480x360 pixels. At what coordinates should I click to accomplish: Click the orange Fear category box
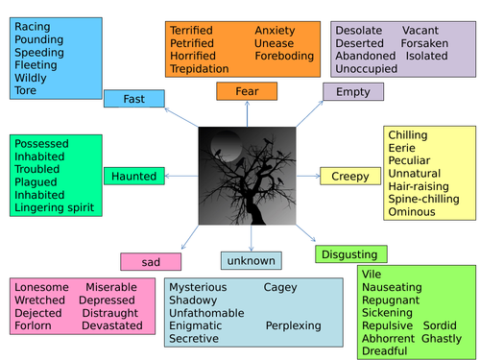click(247, 91)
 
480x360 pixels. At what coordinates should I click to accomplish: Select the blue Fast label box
click(134, 99)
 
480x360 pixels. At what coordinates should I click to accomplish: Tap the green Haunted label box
click(134, 176)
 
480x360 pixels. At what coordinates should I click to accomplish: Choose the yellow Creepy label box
click(350, 176)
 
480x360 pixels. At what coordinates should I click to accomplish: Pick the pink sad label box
click(151, 262)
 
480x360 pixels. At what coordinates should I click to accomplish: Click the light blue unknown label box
click(252, 260)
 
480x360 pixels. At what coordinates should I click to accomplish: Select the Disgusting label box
click(351, 254)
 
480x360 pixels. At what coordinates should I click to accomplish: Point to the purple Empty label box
click(353, 92)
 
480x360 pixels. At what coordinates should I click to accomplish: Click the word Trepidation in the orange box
click(200, 69)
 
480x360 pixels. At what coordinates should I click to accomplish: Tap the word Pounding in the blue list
click(39, 39)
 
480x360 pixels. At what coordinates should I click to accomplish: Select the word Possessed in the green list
click(41, 143)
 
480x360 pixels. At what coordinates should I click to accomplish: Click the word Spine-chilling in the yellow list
click(423, 199)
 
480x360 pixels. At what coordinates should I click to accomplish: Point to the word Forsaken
click(424, 43)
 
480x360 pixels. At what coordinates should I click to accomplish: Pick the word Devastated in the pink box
click(112, 325)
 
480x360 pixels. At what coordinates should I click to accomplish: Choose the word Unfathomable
click(206, 313)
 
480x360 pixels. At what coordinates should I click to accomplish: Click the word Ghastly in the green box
click(442, 339)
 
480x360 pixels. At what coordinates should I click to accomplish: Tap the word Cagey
click(280, 287)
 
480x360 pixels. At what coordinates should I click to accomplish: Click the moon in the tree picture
click(227, 147)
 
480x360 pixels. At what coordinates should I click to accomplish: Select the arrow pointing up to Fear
click(247, 114)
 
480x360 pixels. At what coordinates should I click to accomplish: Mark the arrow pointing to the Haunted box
click(181, 176)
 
